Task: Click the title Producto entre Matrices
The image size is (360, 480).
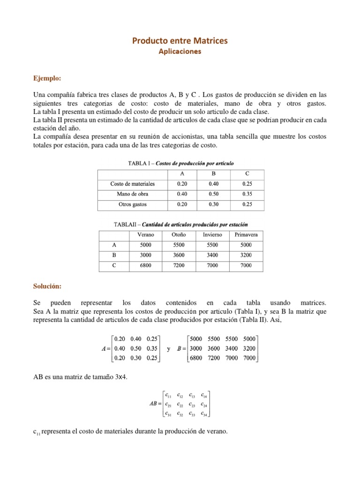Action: (180, 41)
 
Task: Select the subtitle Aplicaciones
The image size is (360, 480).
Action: (180, 52)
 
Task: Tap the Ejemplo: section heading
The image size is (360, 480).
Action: (48, 77)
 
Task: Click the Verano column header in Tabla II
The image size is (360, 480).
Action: (145, 234)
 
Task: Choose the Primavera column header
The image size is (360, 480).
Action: (246, 234)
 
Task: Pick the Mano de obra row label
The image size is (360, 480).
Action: (132, 194)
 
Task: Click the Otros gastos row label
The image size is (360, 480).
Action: (132, 204)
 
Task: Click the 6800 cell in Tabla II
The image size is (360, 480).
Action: (145, 265)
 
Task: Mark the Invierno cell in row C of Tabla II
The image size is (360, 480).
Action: (213, 265)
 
